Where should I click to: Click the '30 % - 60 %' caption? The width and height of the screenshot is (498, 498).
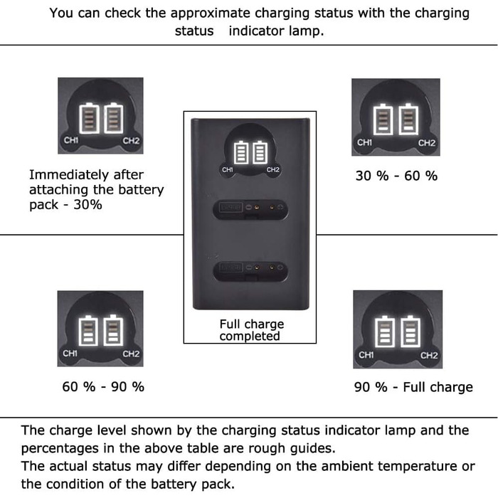point(396,176)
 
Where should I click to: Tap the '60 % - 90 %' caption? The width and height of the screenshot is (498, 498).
point(103,386)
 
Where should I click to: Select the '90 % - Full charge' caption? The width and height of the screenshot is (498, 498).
point(413,387)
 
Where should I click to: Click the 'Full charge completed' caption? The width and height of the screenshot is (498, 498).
point(251,330)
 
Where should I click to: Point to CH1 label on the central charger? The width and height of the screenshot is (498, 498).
point(228,170)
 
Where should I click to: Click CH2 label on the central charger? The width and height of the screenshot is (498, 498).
point(272,170)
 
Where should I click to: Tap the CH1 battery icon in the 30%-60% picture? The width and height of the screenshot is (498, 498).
point(383,120)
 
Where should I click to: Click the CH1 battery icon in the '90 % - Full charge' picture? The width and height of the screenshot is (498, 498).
point(385,332)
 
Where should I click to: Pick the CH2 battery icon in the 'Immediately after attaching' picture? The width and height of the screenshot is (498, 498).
point(113,118)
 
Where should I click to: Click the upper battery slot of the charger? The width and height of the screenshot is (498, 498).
point(250,209)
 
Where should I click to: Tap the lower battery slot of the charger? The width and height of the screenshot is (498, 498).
point(250,271)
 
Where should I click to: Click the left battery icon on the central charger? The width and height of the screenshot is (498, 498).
point(240,153)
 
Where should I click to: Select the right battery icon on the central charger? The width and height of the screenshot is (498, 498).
point(260,153)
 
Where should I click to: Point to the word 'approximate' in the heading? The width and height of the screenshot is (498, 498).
point(211,14)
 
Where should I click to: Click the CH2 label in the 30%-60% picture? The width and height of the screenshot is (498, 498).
point(427,143)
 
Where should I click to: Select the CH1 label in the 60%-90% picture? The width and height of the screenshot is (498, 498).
point(70,354)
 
